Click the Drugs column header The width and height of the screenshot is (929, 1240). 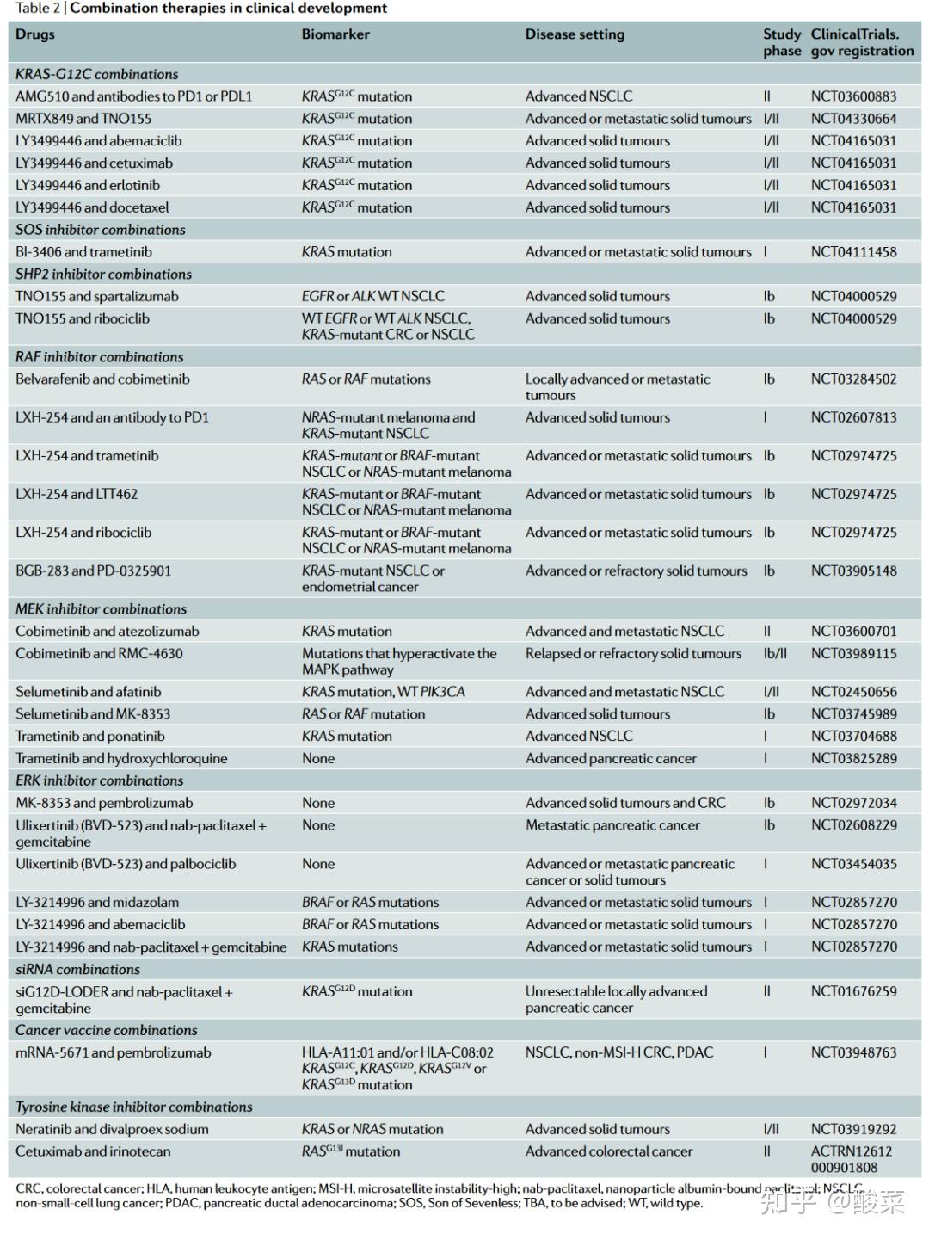click(35, 34)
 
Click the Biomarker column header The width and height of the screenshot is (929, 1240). click(335, 34)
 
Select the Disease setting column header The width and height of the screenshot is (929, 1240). click(575, 34)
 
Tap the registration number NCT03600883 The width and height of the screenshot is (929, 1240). click(853, 96)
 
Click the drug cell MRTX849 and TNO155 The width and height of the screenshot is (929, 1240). click(83, 119)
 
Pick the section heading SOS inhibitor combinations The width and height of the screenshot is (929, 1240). click(101, 230)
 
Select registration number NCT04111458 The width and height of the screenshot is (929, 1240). click(853, 252)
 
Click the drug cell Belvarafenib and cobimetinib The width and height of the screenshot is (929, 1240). click(102, 379)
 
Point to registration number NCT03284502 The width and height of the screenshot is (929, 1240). click(853, 379)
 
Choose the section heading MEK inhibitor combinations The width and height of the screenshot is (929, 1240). click(101, 608)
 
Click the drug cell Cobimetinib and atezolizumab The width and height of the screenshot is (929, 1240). click(108, 631)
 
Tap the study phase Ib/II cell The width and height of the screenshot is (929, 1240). click(775, 653)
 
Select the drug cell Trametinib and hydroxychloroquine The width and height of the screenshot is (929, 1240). click(121, 758)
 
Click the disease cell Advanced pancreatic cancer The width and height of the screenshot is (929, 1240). click(611, 758)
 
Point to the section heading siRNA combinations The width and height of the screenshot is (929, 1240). click(77, 969)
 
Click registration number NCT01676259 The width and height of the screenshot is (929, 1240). click(853, 991)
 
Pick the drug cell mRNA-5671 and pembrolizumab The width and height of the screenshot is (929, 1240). click(113, 1052)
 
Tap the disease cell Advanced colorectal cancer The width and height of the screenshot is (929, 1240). click(609, 1151)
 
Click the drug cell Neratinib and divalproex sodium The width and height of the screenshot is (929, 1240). click(112, 1129)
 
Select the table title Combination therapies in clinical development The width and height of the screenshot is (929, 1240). click(229, 9)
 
